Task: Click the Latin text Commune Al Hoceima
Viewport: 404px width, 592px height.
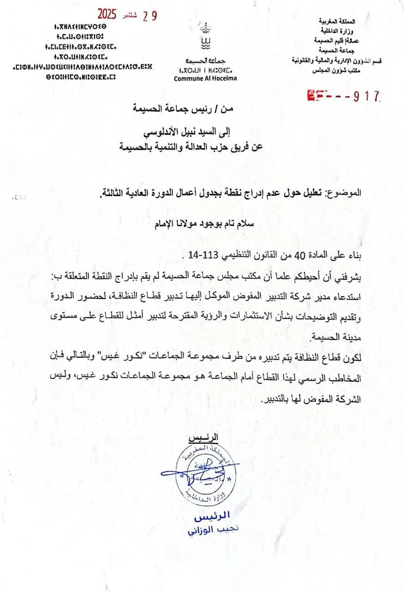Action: click(x=205, y=78)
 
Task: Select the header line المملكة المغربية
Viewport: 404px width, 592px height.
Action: click(x=337, y=21)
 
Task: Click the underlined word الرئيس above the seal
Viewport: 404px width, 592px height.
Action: click(x=205, y=437)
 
